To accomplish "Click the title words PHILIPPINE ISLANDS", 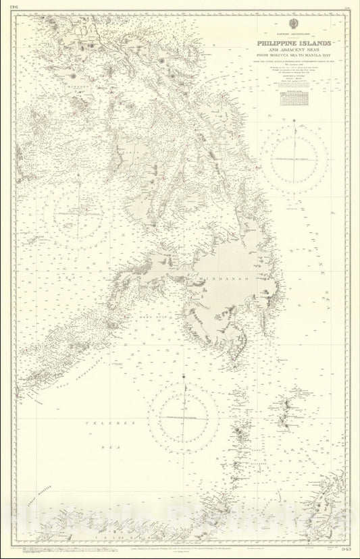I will [x=287, y=43].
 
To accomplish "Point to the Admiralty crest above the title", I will [x=287, y=29].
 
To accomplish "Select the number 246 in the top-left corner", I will [x=13, y=9].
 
